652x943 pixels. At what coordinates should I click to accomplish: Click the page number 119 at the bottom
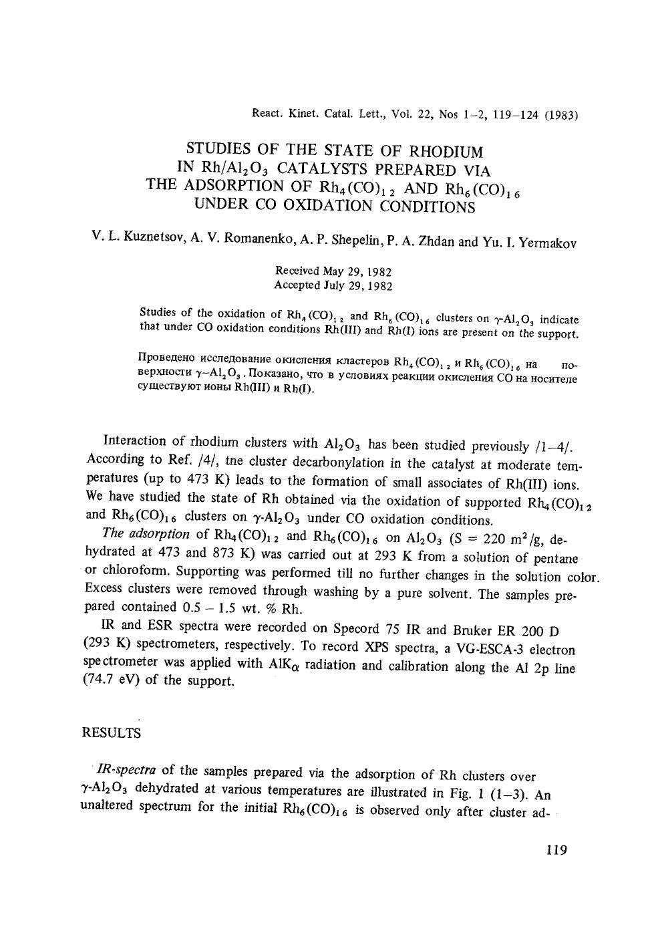pos(556,851)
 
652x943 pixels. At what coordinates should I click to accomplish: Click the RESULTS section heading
pos(111,733)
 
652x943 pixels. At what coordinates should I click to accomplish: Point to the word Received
pos(297,271)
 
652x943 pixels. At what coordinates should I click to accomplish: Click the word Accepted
pos(298,285)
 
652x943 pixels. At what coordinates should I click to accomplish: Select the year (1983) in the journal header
pos(560,115)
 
